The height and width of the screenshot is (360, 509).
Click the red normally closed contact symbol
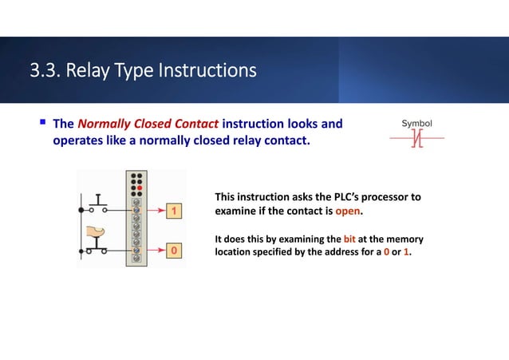pos(416,141)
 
